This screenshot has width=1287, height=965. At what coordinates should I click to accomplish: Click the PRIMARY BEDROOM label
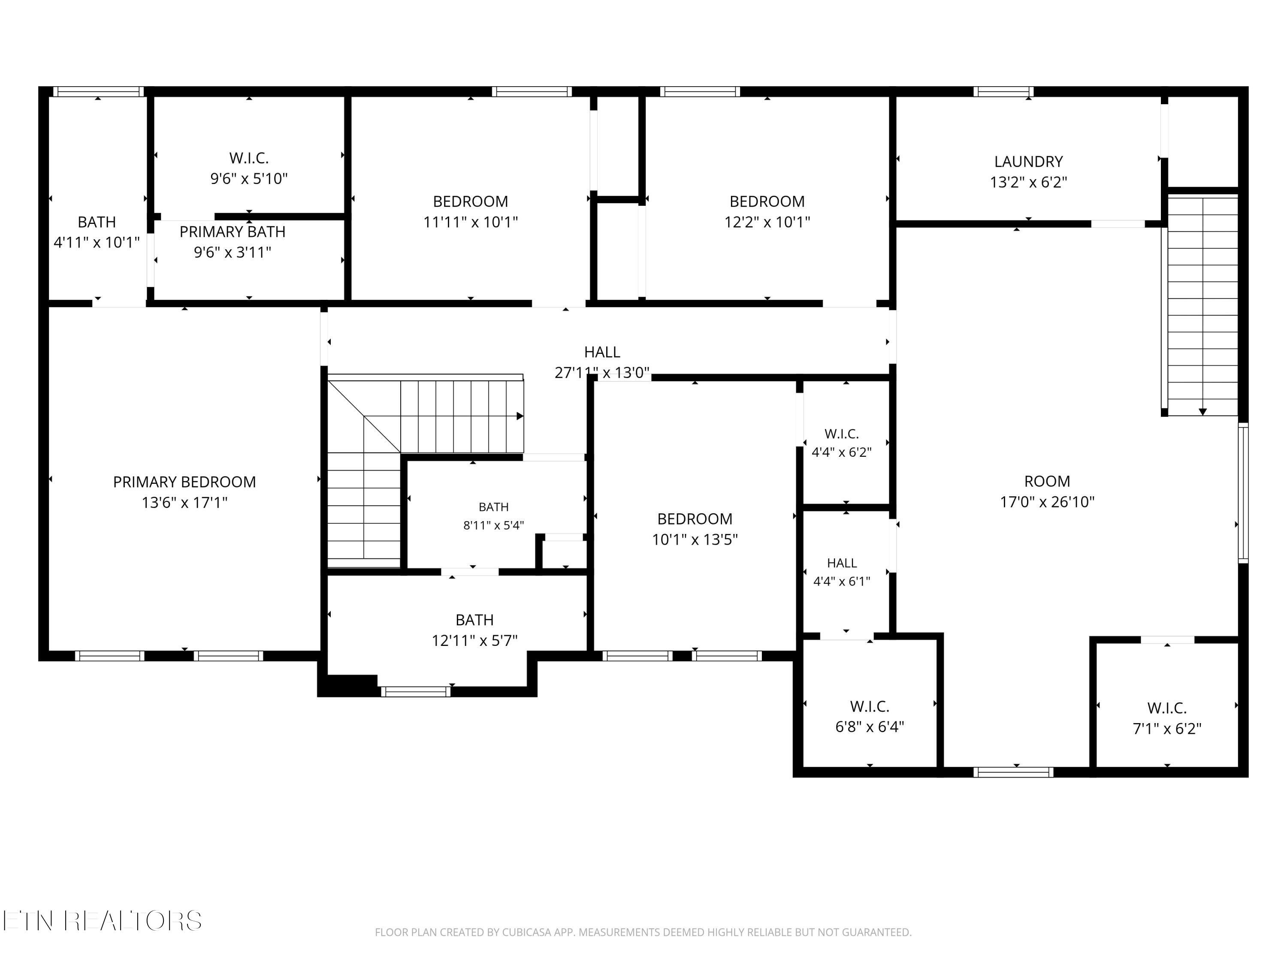coord(184,482)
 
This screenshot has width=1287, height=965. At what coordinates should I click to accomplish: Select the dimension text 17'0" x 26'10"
coord(1047,501)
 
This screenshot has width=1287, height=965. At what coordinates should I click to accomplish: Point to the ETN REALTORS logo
coord(103,921)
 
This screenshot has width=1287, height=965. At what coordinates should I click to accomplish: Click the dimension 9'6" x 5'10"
coord(249,178)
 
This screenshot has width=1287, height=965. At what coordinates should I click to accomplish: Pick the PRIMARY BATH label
coord(232,232)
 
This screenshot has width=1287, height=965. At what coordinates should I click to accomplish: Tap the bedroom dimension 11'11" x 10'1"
coord(470,222)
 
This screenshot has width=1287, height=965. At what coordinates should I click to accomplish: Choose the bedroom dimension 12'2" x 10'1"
coord(767,222)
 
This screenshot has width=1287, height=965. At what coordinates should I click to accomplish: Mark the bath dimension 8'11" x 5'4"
coord(493,525)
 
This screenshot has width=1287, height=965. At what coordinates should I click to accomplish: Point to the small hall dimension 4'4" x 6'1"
coord(841,581)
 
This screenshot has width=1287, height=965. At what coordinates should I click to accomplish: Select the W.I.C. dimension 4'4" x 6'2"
coord(841,452)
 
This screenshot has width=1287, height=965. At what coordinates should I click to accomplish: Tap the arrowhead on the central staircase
coord(520,416)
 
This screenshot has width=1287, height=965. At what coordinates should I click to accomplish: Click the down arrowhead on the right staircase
coord(1202,412)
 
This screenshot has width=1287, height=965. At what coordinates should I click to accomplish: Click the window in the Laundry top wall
coord(1004,91)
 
